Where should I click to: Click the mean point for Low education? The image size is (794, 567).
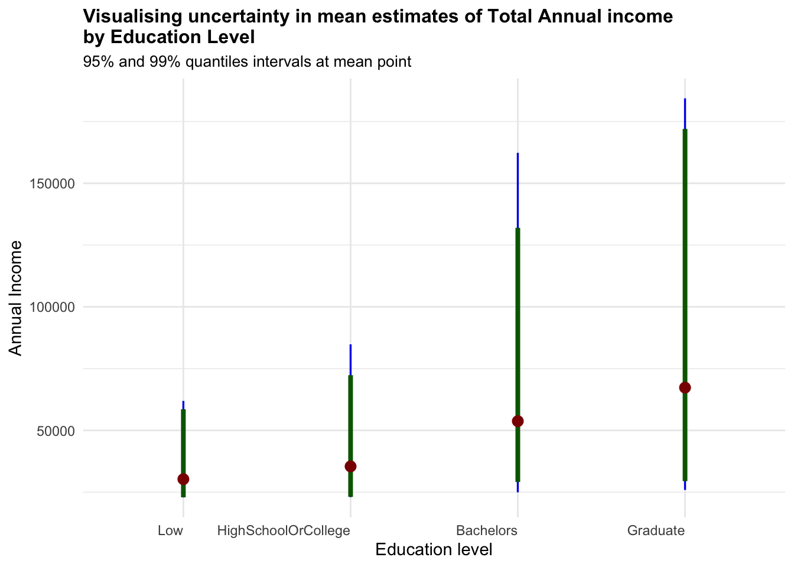coord(183,479)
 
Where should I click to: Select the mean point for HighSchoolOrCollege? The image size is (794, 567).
coord(350,467)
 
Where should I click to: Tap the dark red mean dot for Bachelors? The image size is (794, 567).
coord(518,421)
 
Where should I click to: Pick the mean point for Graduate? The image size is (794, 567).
coord(685,387)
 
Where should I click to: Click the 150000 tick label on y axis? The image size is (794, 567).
coord(51,184)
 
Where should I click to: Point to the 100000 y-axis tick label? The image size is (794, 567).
coord(51,307)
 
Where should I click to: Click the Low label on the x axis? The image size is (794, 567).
coord(171,530)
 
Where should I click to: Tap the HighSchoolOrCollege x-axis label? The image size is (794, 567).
coord(284,530)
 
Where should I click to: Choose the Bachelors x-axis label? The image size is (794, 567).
coord(487,530)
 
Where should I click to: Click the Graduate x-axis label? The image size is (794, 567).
coord(656,530)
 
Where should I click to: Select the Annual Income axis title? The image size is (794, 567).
coord(16,298)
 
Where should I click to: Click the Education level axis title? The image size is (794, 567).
coord(434,550)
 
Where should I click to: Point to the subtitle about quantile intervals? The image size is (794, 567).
coord(247,61)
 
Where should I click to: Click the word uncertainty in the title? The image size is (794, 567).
coord(233,17)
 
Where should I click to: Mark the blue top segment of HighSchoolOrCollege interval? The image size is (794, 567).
coord(350,359)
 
